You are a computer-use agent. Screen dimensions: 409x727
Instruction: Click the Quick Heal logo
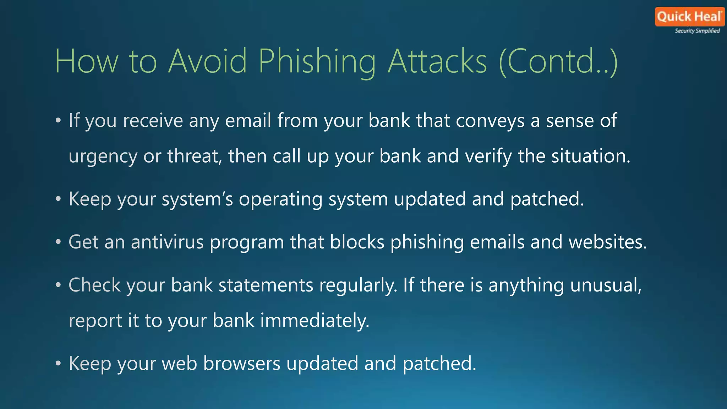pos(689,17)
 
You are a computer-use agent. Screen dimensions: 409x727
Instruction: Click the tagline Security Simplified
pos(697,31)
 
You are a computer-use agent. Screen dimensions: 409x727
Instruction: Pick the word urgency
pos(103,156)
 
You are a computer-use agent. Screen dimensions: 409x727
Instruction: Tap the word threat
pos(194,156)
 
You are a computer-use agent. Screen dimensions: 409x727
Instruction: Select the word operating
pos(280,199)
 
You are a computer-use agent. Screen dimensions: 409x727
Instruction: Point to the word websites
pos(607,242)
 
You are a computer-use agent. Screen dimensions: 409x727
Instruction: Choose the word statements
pos(266,285)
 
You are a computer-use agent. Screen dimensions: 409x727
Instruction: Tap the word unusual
pos(606,285)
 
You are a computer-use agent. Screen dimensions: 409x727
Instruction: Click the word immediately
pos(315,321)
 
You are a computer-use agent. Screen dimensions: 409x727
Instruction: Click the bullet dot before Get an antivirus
pos(58,242)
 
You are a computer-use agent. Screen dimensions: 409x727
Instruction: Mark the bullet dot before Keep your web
pos(58,364)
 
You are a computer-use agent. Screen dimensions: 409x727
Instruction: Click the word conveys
pos(490,121)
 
